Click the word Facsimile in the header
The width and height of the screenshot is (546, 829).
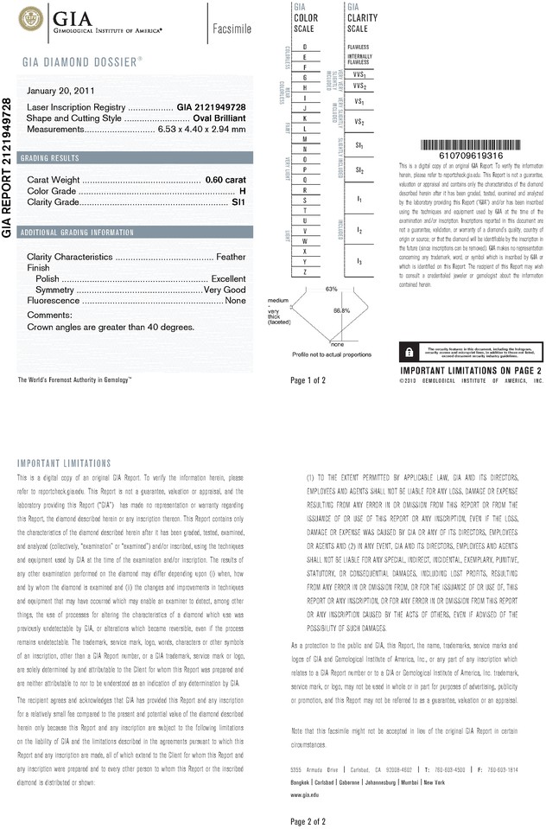coord(231,29)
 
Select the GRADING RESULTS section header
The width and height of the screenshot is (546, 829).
coord(50,158)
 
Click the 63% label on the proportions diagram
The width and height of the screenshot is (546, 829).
coord(331,288)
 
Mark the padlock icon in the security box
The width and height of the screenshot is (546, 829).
coord(407,351)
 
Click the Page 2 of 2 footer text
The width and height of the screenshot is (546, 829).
coord(308,820)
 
